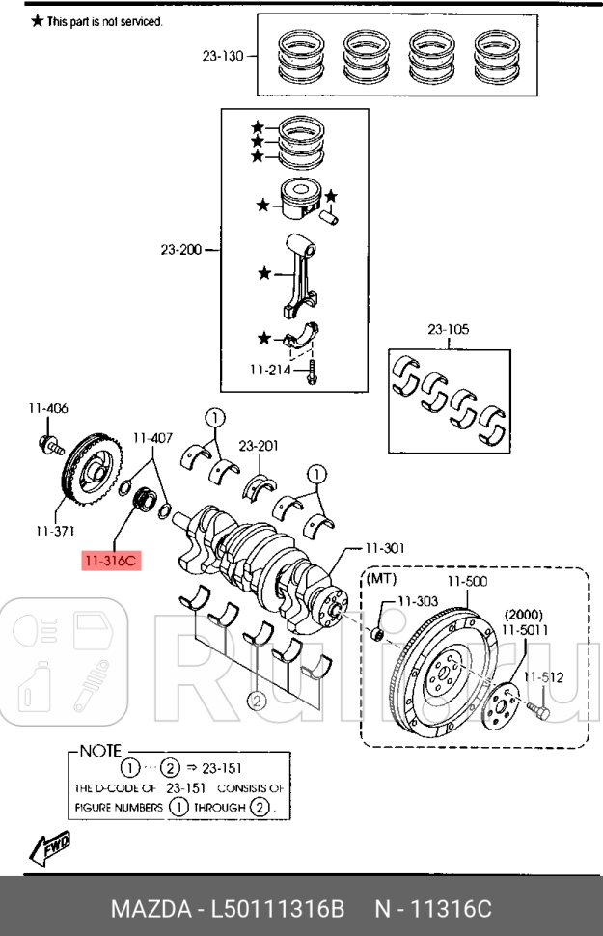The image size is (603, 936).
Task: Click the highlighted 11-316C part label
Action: click(111, 561)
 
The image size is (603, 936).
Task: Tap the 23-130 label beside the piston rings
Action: click(223, 56)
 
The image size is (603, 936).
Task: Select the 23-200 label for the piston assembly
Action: click(181, 250)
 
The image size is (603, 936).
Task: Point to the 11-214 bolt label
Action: click(270, 371)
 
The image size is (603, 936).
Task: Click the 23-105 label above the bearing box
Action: click(448, 329)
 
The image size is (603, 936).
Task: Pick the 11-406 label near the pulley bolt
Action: click(48, 408)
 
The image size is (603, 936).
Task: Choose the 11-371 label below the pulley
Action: click(55, 530)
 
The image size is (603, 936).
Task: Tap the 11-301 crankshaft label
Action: click(385, 547)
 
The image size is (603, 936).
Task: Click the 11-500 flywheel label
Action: click(468, 581)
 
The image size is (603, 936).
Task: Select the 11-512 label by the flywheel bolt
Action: click(543, 677)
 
